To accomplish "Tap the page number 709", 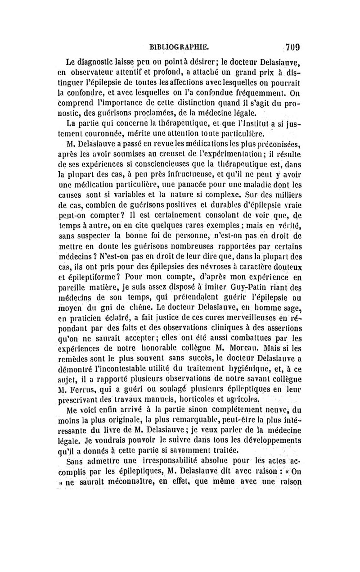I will coord(293,46).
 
